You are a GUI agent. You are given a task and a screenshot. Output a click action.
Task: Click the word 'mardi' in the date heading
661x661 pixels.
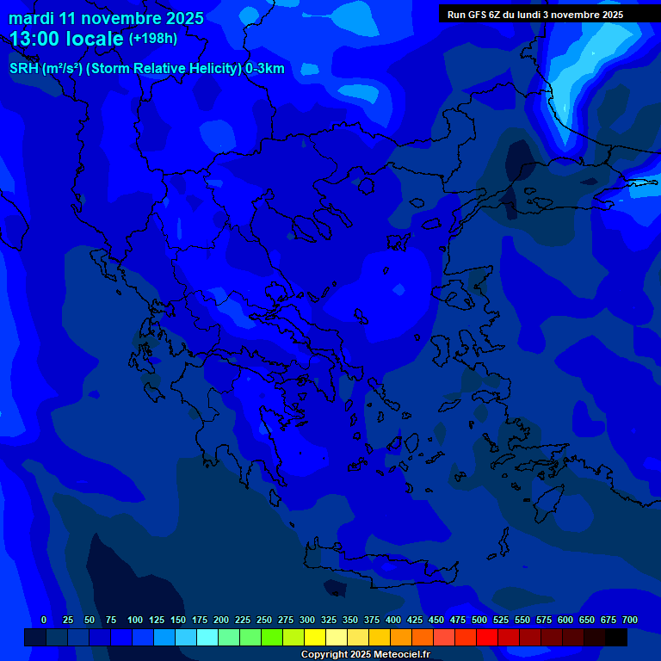click(31, 18)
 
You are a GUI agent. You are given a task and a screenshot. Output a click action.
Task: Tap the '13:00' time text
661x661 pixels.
click(34, 39)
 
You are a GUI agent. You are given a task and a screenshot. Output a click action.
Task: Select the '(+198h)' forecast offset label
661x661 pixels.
click(152, 39)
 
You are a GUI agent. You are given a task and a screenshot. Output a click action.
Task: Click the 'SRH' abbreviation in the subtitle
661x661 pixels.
click(23, 69)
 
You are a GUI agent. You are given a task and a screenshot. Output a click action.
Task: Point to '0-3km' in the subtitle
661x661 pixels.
click(265, 69)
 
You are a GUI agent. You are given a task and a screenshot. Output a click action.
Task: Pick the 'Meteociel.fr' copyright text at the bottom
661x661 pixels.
click(400, 655)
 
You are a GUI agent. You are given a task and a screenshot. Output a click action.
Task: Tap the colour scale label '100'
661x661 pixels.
click(135, 621)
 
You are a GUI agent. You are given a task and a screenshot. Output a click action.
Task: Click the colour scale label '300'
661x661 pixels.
click(307, 621)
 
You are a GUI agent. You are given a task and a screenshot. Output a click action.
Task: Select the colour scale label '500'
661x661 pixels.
click(479, 621)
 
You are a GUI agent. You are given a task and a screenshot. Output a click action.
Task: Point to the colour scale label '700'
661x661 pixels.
click(630, 621)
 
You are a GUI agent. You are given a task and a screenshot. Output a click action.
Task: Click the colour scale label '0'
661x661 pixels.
click(44, 621)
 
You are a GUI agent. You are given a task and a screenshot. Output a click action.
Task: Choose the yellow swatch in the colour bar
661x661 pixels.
click(315, 638)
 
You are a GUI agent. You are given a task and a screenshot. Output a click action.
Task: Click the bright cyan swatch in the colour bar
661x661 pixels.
click(207, 638)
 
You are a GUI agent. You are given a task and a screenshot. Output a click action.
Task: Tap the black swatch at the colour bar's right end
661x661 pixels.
click(616, 638)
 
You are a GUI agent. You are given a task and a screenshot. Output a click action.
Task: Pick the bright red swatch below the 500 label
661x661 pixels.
click(487, 638)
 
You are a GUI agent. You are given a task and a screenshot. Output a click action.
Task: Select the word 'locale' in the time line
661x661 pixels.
click(96, 39)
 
